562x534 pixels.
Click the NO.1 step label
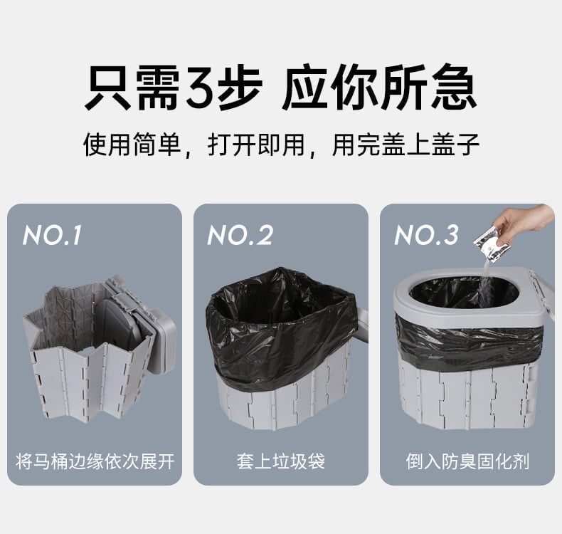[x=53, y=235]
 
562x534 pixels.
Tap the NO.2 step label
[x=240, y=235]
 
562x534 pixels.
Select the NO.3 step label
[x=427, y=235]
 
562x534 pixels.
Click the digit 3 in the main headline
[x=201, y=88]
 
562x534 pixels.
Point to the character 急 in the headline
[x=454, y=87]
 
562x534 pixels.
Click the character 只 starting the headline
[x=108, y=87]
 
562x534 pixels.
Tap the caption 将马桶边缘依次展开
[x=95, y=461]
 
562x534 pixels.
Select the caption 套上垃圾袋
[x=280, y=461]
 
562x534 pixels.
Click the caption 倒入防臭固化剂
[x=467, y=461]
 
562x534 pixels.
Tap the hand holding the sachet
[x=524, y=221]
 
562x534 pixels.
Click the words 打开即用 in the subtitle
[x=256, y=145]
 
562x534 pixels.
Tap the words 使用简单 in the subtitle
[x=132, y=145]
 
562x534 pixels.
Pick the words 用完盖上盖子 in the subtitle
[x=405, y=145]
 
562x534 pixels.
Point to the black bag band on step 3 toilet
[x=467, y=342]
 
